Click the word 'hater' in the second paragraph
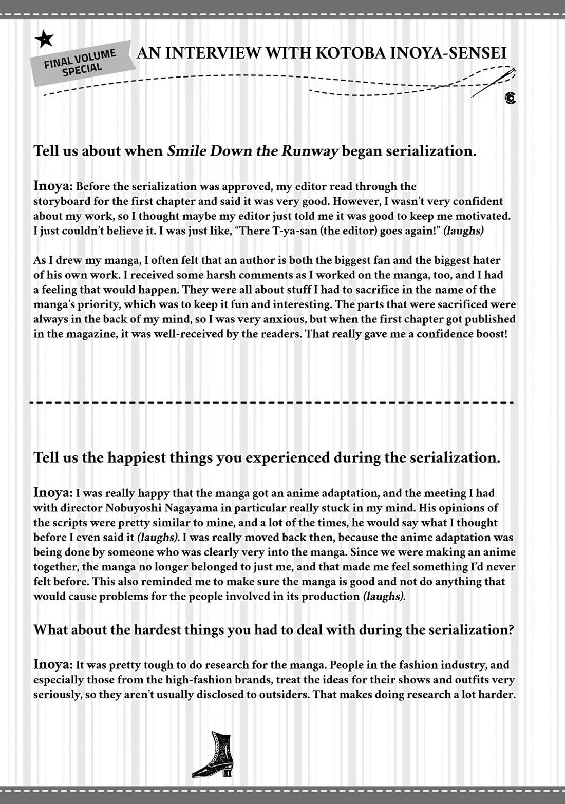[484, 260]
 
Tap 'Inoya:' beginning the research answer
[53, 665]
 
